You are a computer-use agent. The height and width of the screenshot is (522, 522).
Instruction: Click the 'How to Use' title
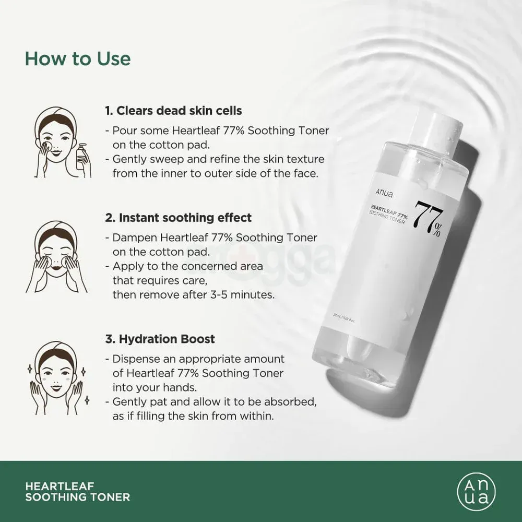pos(78,58)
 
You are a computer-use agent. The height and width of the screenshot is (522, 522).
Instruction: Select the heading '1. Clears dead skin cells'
pos(173,111)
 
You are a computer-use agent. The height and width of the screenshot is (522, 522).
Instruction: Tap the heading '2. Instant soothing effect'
pos(178,217)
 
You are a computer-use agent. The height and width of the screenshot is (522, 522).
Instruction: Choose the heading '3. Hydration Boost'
pos(160,339)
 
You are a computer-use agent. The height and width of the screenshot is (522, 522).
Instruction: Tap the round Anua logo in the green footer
pos(476,491)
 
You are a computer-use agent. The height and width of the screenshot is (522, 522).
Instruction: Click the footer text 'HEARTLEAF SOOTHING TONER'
pos(77,491)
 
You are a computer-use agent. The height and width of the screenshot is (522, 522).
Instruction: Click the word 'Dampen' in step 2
pos(134,238)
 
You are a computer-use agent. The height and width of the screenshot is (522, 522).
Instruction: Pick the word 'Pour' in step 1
pos(123,131)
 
